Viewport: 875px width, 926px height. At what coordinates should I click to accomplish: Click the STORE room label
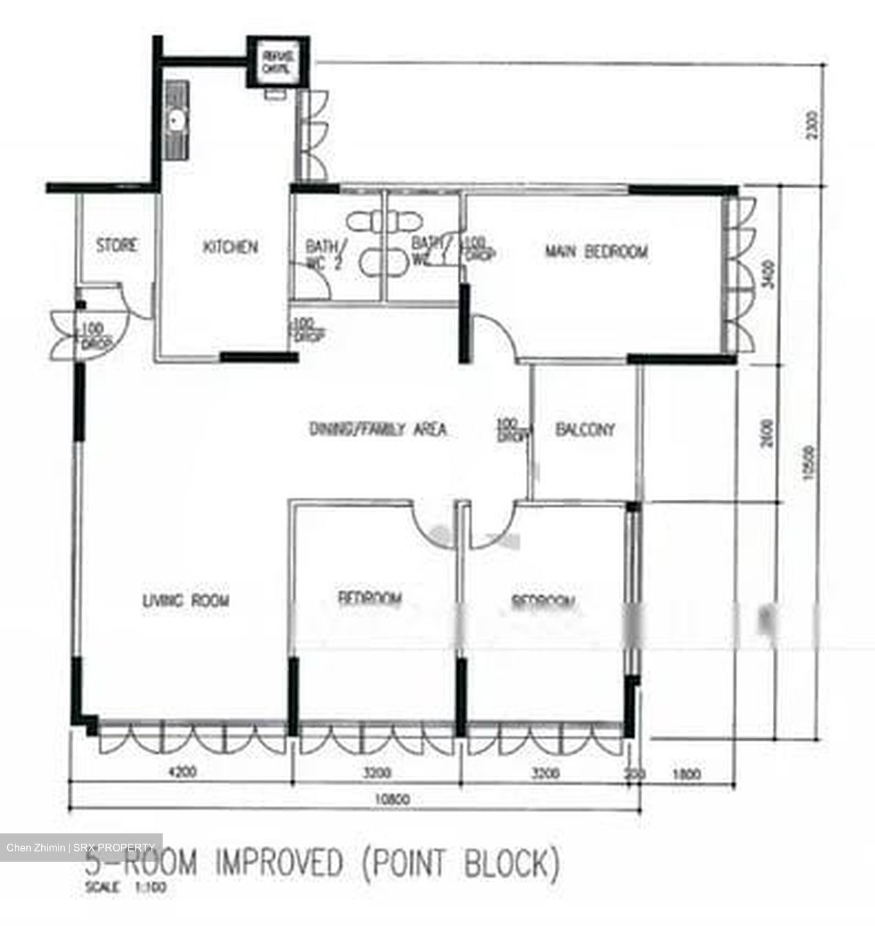tap(117, 245)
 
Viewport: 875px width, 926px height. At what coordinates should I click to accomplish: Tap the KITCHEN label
tap(230, 247)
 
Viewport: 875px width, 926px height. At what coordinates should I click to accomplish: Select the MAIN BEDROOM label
tap(596, 251)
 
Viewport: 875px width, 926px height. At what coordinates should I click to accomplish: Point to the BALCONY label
tap(584, 429)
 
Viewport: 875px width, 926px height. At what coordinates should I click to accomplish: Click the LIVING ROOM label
tap(185, 601)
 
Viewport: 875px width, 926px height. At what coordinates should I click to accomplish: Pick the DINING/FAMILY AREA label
tap(377, 429)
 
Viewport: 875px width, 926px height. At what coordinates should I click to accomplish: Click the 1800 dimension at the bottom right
tap(686, 774)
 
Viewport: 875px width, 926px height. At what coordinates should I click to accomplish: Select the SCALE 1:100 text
tap(125, 888)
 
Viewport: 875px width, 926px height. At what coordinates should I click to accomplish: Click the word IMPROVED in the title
tap(278, 864)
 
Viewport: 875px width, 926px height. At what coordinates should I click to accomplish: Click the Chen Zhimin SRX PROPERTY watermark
tap(81, 848)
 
